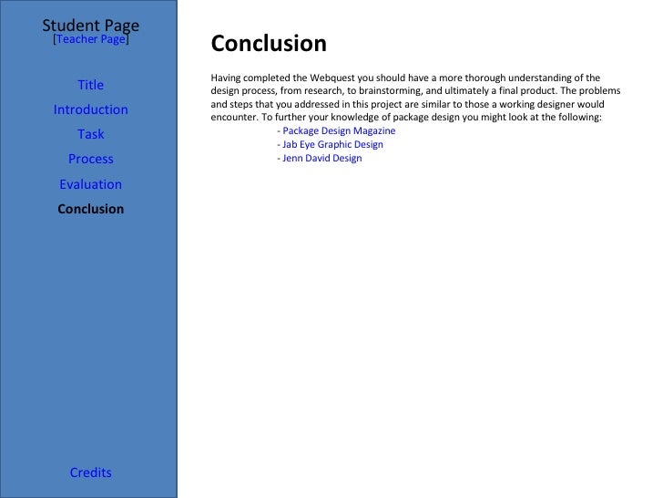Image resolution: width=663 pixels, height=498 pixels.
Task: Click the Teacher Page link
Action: click(x=91, y=40)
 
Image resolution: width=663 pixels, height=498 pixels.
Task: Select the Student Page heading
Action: click(x=90, y=25)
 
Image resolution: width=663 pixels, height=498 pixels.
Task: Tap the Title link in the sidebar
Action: click(x=90, y=85)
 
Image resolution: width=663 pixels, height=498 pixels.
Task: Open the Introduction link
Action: click(x=90, y=109)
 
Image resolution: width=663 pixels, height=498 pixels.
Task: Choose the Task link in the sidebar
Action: click(x=90, y=134)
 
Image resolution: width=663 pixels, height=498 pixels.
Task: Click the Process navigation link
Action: click(x=90, y=159)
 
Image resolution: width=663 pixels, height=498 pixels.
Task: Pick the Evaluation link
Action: click(x=90, y=184)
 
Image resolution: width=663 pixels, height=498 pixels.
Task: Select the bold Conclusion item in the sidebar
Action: click(x=90, y=209)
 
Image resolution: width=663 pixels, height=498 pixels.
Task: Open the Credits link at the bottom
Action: click(x=90, y=472)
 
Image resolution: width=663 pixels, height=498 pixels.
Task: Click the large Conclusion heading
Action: click(x=268, y=44)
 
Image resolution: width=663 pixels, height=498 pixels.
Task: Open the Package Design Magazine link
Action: click(x=339, y=130)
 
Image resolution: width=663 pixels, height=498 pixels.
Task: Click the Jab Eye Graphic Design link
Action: click(x=332, y=144)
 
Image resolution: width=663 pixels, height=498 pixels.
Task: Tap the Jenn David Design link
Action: click(x=321, y=158)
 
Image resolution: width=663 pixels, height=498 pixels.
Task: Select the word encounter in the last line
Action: click(x=234, y=118)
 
